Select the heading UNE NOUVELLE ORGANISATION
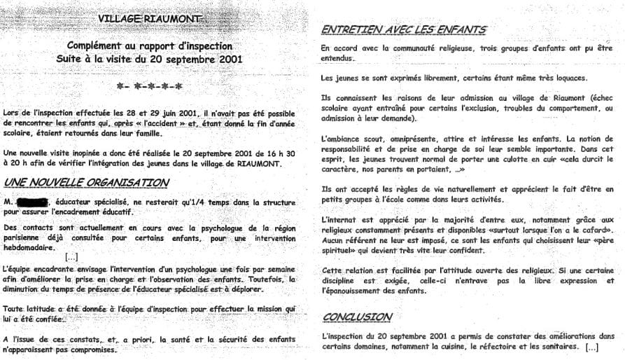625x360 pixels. [85, 182]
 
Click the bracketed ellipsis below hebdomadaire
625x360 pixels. [71, 257]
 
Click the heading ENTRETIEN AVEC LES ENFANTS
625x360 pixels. [403, 30]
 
